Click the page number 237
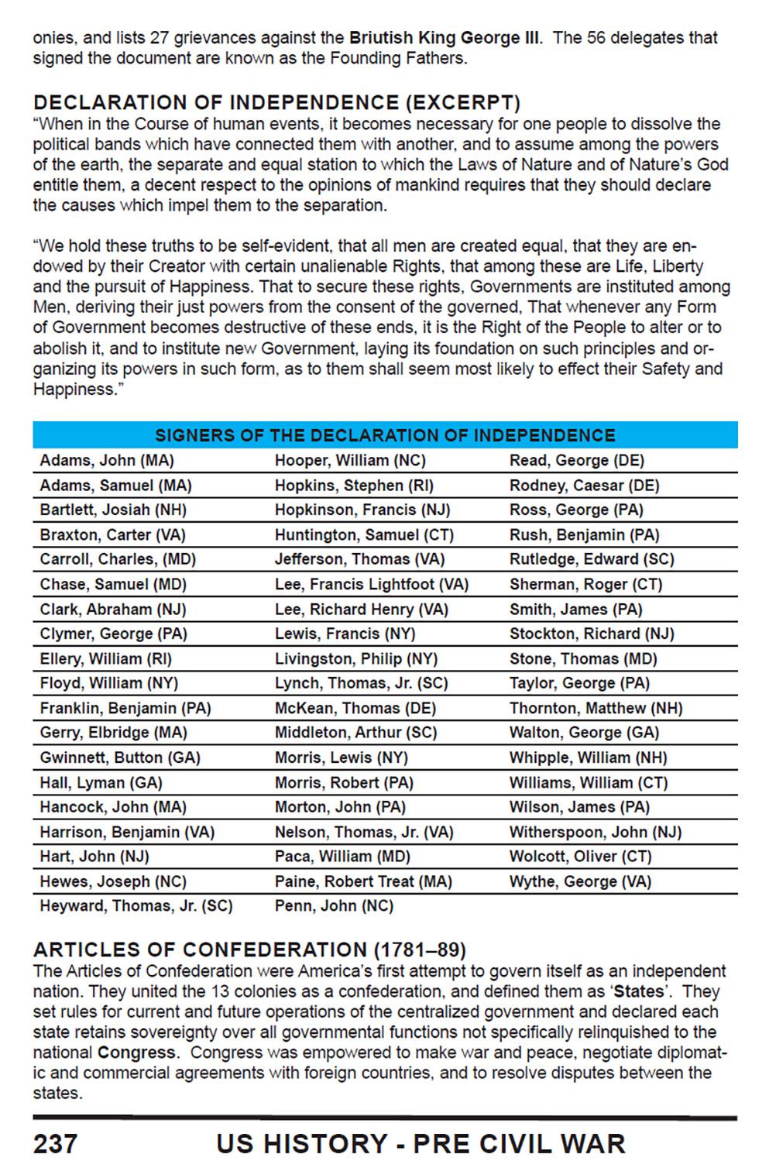(x=55, y=1142)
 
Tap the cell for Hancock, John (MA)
(x=113, y=807)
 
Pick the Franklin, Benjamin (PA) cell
(x=125, y=708)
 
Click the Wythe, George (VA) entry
(x=580, y=881)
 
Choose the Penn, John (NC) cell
(x=334, y=906)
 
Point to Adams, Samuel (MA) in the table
(x=115, y=486)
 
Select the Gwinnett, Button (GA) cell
(x=120, y=757)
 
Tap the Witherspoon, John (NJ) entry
(x=595, y=832)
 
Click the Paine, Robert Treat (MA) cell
(x=363, y=881)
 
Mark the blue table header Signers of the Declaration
(x=385, y=435)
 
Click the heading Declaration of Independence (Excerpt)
(x=276, y=103)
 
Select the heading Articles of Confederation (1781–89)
(x=249, y=950)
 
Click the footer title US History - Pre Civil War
(x=421, y=1142)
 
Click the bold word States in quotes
(x=638, y=992)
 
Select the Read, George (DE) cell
(x=576, y=461)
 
